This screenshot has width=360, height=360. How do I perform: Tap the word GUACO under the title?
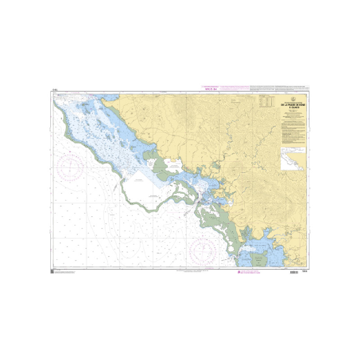[293, 108]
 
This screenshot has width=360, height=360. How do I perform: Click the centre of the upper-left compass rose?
[71, 167]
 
